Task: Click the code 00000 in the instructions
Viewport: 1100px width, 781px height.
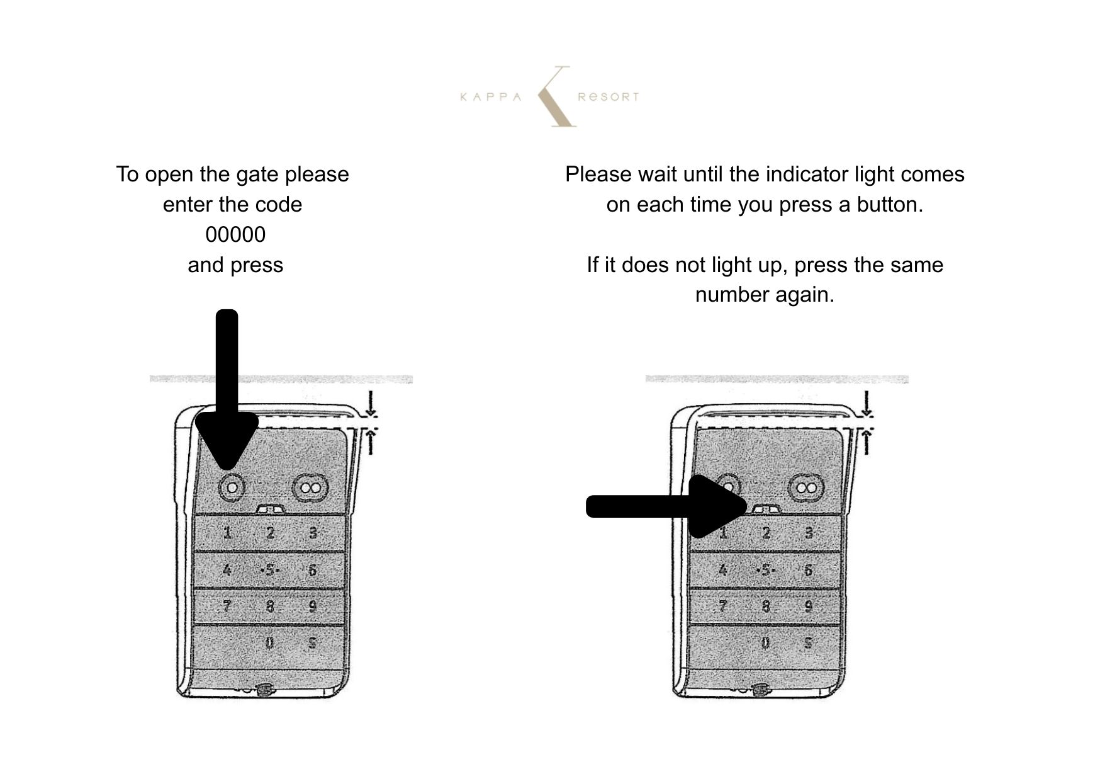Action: [235, 235]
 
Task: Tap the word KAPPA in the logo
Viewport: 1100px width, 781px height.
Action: [491, 97]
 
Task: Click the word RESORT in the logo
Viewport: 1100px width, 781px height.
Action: [608, 97]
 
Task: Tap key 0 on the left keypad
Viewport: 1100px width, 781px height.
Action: [270, 643]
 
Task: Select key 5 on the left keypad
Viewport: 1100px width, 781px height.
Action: [270, 570]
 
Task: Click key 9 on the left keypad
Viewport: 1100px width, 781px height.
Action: [312, 607]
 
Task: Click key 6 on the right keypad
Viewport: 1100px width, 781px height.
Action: [808, 570]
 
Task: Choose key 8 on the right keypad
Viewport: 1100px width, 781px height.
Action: [766, 607]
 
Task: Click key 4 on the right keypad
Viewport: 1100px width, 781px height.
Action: [723, 570]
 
